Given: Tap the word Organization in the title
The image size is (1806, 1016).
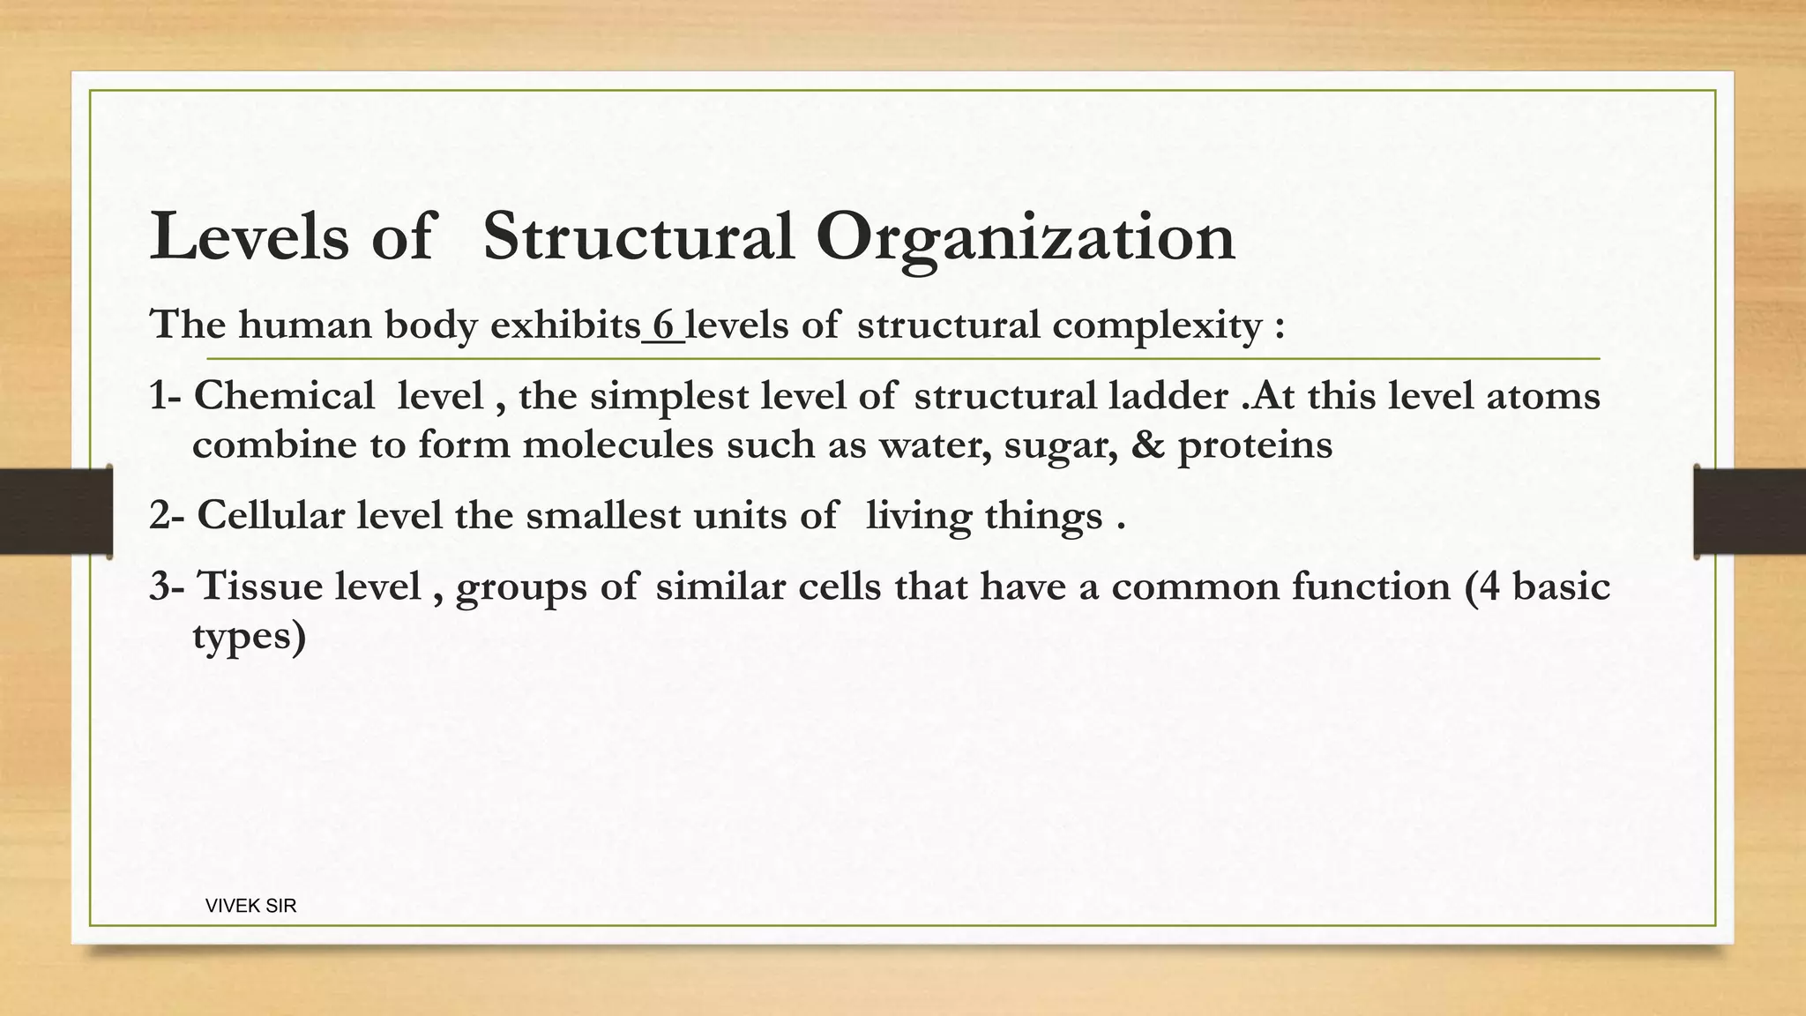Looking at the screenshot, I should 1025,238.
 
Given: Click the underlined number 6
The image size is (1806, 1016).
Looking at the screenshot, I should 663,325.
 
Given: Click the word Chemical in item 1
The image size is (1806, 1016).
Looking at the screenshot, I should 284,396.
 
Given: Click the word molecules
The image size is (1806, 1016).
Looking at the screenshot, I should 617,444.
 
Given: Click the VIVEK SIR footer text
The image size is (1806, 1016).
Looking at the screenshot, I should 250,906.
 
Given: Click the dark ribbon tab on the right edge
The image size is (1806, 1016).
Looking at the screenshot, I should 1750,512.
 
